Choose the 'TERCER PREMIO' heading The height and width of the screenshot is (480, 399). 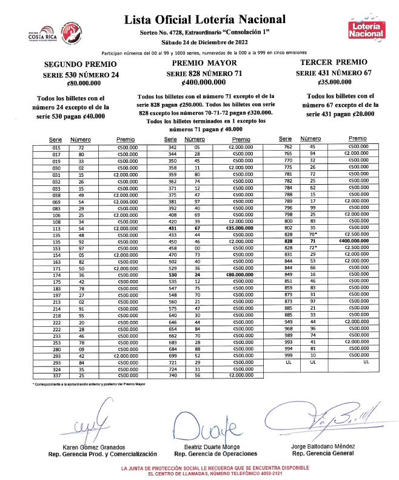point(334,63)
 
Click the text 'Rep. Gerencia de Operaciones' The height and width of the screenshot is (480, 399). point(215,453)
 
